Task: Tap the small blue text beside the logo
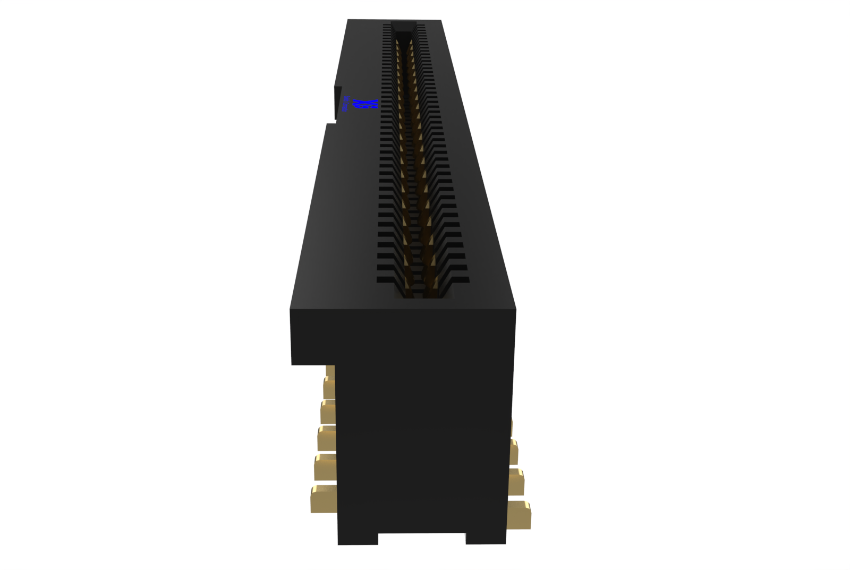click(345, 104)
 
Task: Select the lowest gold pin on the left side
click(324, 499)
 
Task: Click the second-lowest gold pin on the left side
click(326, 467)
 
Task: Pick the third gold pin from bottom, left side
click(327, 438)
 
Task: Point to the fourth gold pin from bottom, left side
click(328, 412)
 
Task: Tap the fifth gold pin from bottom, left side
click(329, 388)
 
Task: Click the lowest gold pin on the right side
click(518, 515)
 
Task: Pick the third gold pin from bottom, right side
click(514, 452)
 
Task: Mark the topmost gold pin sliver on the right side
click(512, 427)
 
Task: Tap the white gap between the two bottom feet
click(422, 539)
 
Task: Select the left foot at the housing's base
click(358, 539)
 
